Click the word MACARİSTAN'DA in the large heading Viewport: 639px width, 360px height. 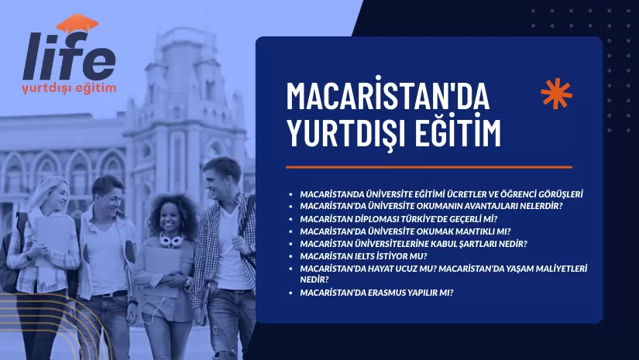coord(388,95)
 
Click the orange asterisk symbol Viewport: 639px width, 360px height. coord(556,94)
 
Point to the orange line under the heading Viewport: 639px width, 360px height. coord(428,166)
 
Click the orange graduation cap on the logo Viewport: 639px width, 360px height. coord(77,25)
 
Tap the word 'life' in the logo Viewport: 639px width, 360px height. coord(70,58)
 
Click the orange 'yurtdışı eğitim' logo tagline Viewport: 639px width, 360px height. coord(70,87)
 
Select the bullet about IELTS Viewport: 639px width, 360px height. coord(363,255)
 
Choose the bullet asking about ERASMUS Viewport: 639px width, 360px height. coord(376,292)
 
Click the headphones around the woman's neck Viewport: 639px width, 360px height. coord(170,239)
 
